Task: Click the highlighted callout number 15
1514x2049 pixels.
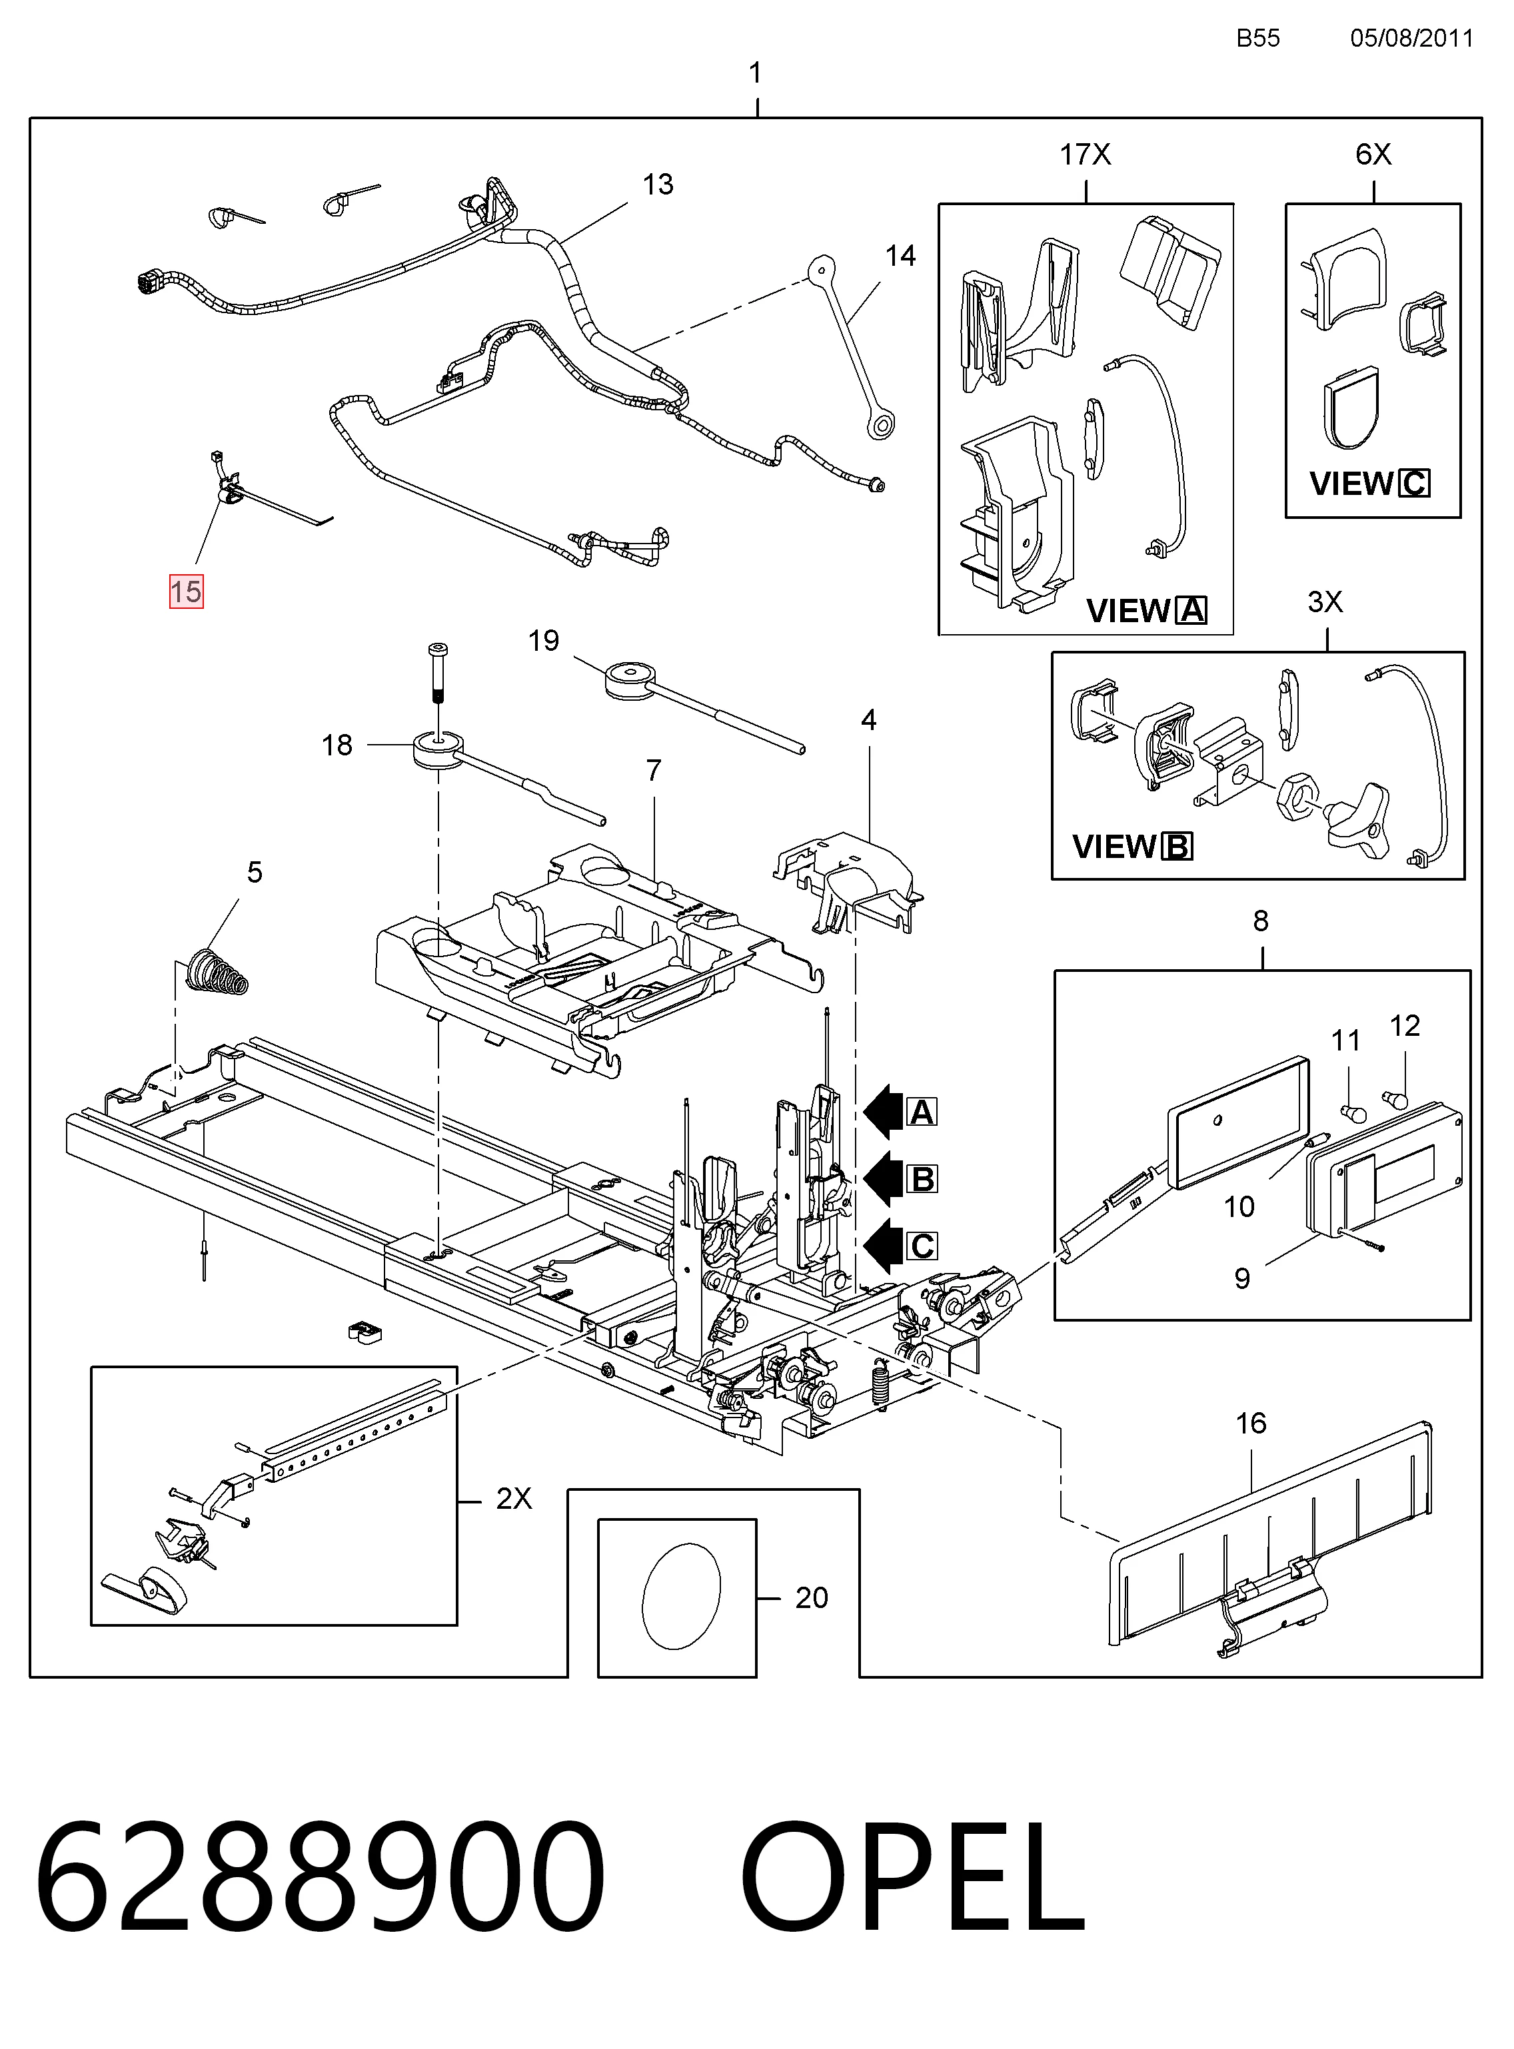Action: tap(186, 592)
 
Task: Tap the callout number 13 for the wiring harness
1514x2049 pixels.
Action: tap(658, 184)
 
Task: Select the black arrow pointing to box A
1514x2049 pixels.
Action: tap(884, 1112)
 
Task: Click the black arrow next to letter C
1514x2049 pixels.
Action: tap(884, 1246)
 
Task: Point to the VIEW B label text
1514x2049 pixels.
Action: tap(1133, 847)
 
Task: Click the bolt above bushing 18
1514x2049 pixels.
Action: tap(437, 673)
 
